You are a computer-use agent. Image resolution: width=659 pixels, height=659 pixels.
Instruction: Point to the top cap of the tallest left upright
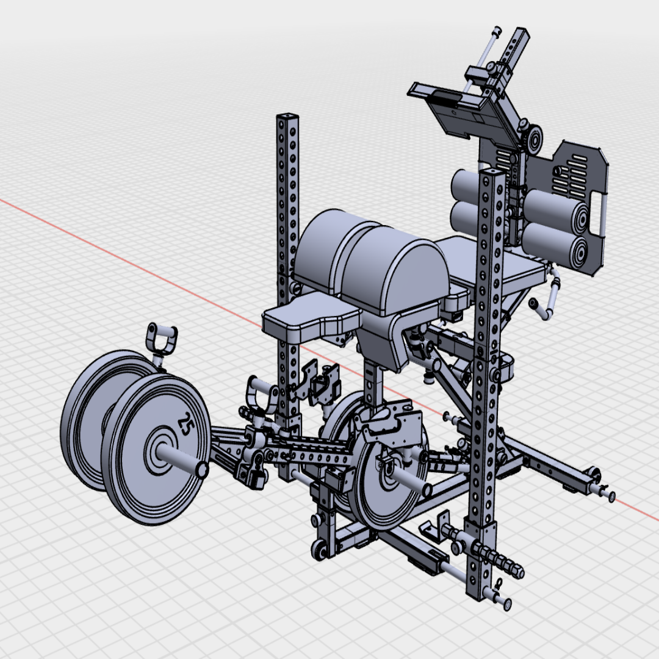(287, 116)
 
